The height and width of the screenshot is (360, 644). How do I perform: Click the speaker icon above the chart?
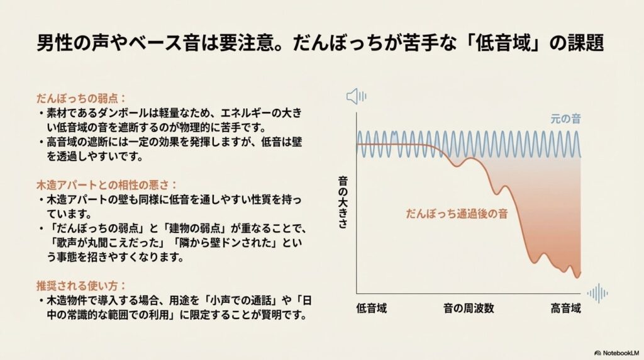[357, 96]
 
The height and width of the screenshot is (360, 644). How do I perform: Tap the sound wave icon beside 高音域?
[597, 293]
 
